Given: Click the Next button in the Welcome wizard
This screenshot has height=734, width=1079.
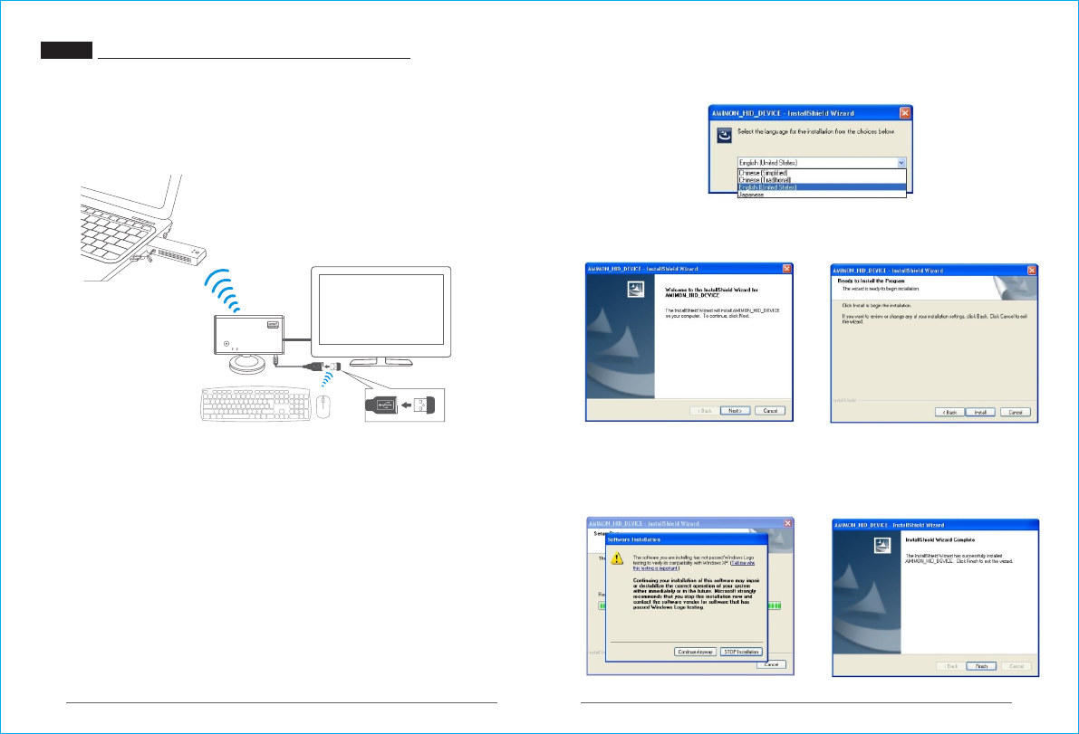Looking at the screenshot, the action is (735, 410).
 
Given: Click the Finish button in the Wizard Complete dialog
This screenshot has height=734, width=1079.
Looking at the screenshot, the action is (980, 665).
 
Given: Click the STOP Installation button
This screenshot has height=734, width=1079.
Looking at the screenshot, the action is (741, 652).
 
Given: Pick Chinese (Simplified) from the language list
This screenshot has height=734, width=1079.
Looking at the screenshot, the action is (764, 172).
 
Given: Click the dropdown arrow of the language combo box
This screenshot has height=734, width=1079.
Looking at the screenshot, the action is (901, 162).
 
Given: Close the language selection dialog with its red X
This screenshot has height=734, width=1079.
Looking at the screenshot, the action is (904, 113).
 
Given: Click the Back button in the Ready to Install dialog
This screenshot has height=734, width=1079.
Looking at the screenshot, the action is (946, 412).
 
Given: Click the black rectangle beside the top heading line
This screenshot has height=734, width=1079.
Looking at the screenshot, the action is (66, 51).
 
